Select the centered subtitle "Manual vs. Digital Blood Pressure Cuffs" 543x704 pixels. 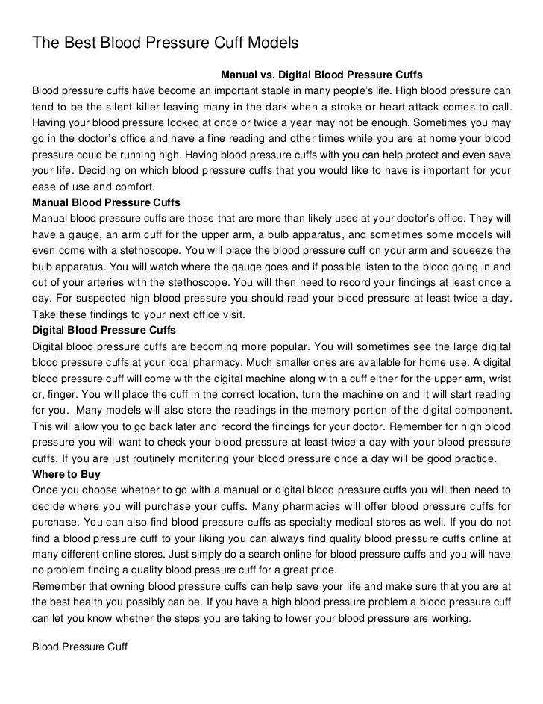(322, 76)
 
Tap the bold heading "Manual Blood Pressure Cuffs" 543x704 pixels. (106, 202)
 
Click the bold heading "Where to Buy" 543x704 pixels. (66, 473)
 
